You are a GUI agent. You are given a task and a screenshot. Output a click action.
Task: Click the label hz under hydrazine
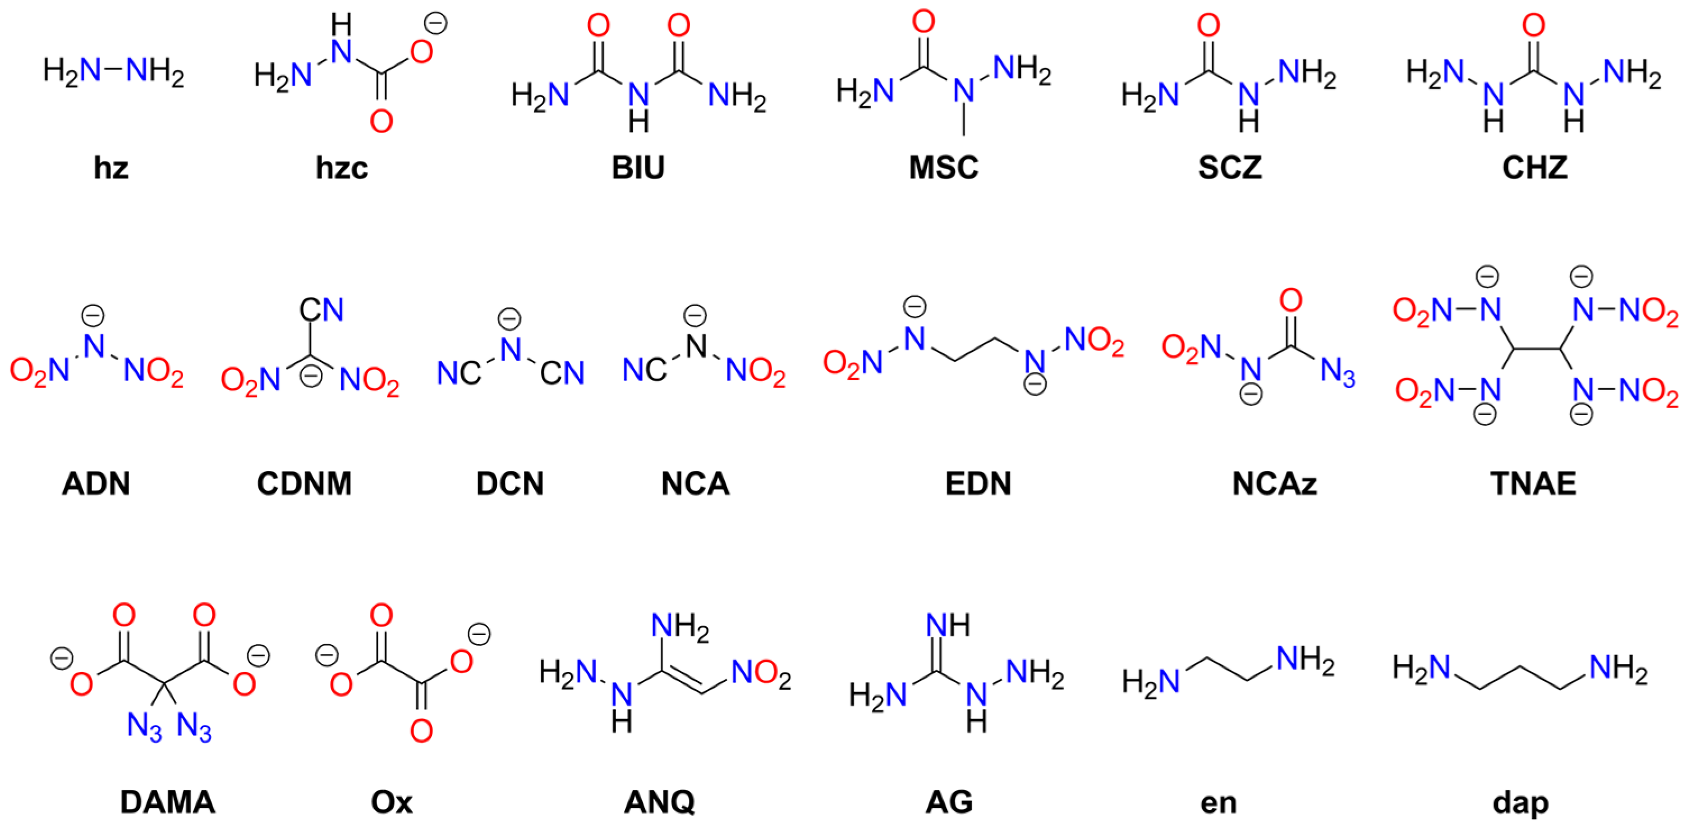tap(111, 168)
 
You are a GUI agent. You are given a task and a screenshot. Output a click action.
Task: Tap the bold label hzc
tap(341, 168)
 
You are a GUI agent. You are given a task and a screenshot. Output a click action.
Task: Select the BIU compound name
tap(638, 168)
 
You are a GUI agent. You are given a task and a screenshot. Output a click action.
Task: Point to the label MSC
tap(943, 168)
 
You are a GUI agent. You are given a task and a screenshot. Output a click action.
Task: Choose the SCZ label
tap(1229, 168)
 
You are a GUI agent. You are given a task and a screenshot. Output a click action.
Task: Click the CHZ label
tap(1534, 168)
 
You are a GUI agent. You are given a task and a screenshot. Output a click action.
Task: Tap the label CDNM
tap(304, 484)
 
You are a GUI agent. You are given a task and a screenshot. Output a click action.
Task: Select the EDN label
tap(978, 484)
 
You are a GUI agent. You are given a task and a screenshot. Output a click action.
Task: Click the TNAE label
tap(1533, 484)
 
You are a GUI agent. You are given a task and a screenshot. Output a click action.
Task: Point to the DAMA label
tap(168, 802)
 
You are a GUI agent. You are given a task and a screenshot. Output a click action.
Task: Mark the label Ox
tap(392, 802)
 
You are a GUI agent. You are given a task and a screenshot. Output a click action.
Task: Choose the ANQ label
tap(659, 802)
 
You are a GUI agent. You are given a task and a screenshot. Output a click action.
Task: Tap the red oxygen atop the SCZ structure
tap(1208, 26)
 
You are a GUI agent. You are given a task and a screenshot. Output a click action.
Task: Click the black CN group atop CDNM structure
tap(321, 310)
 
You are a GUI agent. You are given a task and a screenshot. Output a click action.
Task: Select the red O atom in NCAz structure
tap(1291, 301)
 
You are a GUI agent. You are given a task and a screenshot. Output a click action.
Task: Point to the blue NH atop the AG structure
tap(948, 625)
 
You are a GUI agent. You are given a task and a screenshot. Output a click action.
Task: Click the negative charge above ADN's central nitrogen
tap(93, 316)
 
